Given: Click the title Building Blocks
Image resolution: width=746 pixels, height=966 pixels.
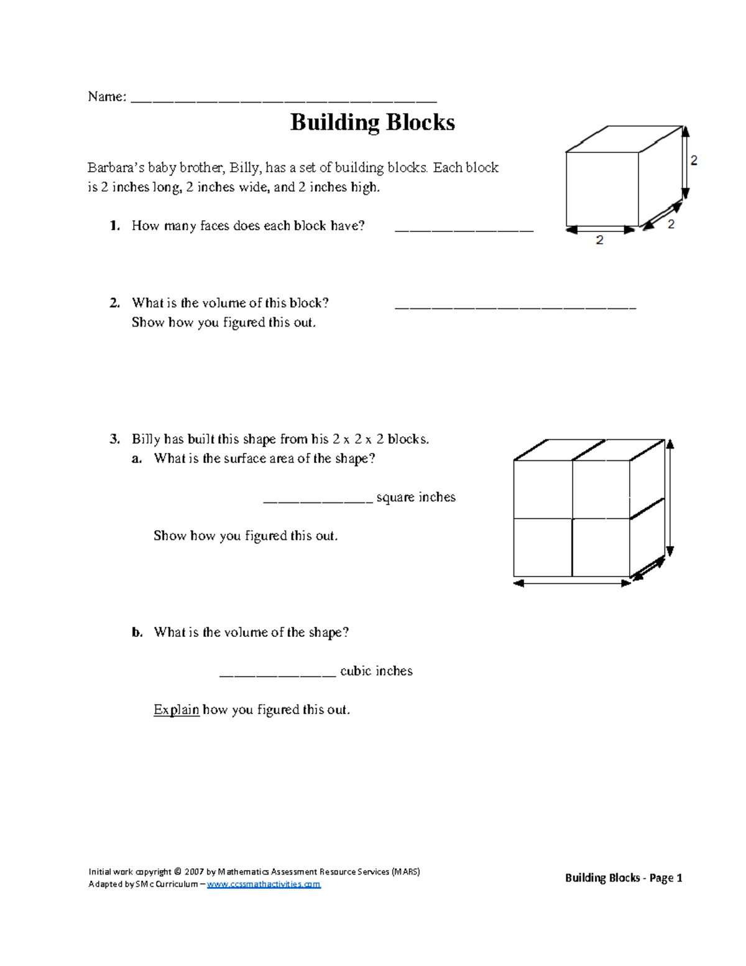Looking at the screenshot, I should pyautogui.click(x=372, y=122).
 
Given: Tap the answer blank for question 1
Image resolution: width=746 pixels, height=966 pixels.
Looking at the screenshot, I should pyautogui.click(x=464, y=230).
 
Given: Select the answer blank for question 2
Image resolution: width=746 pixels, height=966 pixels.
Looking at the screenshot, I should pyautogui.click(x=515, y=307).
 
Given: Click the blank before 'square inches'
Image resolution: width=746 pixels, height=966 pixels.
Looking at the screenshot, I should pyautogui.click(x=318, y=499).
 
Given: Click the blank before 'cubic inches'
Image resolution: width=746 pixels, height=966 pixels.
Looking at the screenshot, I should pyautogui.click(x=277, y=674).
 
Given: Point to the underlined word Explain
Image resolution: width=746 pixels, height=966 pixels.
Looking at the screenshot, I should pyautogui.click(x=176, y=710).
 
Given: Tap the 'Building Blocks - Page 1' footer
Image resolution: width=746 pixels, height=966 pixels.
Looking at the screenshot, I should pyautogui.click(x=623, y=878).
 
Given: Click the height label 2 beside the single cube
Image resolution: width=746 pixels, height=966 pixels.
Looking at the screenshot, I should pyautogui.click(x=694, y=160).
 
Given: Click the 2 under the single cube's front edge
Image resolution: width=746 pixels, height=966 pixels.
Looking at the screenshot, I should pyautogui.click(x=599, y=240).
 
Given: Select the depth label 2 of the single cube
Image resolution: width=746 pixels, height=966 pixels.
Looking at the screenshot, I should pyautogui.click(x=671, y=224).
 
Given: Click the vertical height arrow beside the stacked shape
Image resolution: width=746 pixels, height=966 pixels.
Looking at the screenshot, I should pyautogui.click(x=670, y=498).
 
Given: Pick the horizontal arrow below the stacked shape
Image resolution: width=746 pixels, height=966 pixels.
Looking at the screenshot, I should pyautogui.click(x=572, y=583).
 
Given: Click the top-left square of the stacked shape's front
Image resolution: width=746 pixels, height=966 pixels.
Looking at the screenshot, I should pyautogui.click(x=543, y=489).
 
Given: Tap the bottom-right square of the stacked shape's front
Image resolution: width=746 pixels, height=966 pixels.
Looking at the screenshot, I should pyautogui.click(x=601, y=547).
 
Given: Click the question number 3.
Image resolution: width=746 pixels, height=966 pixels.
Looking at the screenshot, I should pyautogui.click(x=114, y=439).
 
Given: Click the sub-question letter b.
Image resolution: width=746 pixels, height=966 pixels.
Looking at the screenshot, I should pyautogui.click(x=137, y=633).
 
